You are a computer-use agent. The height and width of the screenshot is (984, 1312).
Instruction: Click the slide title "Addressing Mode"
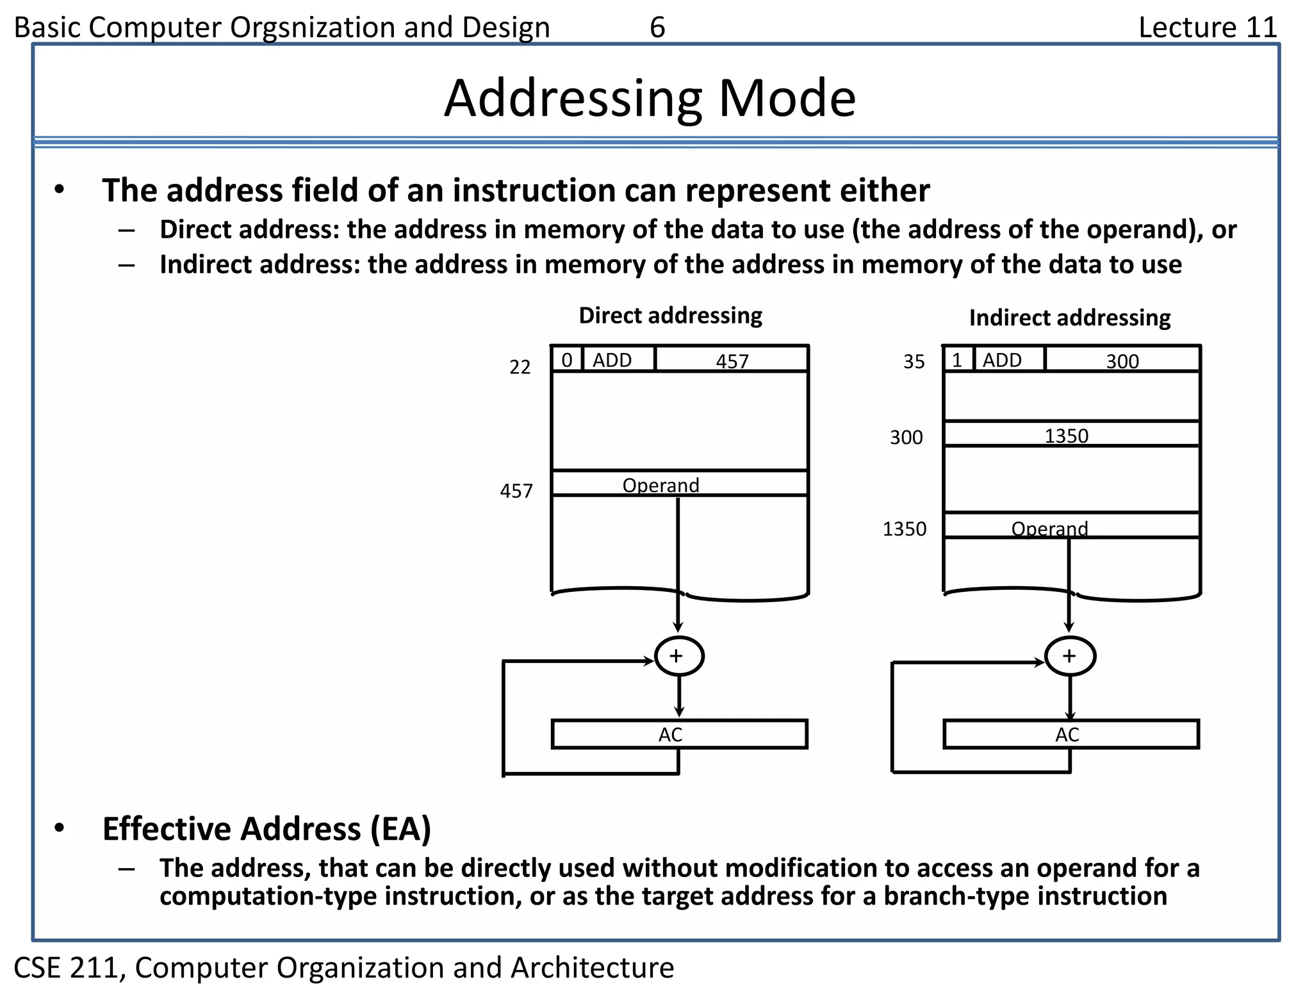point(650,99)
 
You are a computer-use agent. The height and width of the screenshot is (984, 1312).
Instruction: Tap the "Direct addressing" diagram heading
point(670,315)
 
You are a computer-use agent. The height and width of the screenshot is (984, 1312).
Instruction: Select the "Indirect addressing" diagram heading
point(1069,318)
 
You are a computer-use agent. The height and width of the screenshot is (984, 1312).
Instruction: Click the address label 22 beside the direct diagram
point(520,367)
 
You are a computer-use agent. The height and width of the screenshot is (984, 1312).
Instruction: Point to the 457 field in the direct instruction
point(732,361)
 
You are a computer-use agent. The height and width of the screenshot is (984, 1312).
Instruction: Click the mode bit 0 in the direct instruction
point(567,360)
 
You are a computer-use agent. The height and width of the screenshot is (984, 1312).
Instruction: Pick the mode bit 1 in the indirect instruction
point(957,360)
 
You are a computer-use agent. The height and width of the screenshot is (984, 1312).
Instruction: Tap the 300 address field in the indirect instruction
point(1122,361)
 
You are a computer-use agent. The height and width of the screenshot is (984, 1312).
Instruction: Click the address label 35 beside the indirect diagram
point(914,362)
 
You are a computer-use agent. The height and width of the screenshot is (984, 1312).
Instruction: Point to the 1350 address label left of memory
point(904,529)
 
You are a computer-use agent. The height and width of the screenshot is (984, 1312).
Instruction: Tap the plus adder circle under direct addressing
point(678,656)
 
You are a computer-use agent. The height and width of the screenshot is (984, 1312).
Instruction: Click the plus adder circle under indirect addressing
point(1069,656)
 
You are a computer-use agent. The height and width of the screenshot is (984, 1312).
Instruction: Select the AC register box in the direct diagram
point(679,734)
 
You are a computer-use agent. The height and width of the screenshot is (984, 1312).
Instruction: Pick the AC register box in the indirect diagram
point(1070,734)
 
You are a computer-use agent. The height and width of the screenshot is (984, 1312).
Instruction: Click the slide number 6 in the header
point(657,28)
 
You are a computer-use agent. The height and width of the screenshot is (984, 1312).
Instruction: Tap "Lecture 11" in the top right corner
point(1208,28)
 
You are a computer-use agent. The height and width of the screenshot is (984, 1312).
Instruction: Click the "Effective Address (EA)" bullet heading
point(266,828)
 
